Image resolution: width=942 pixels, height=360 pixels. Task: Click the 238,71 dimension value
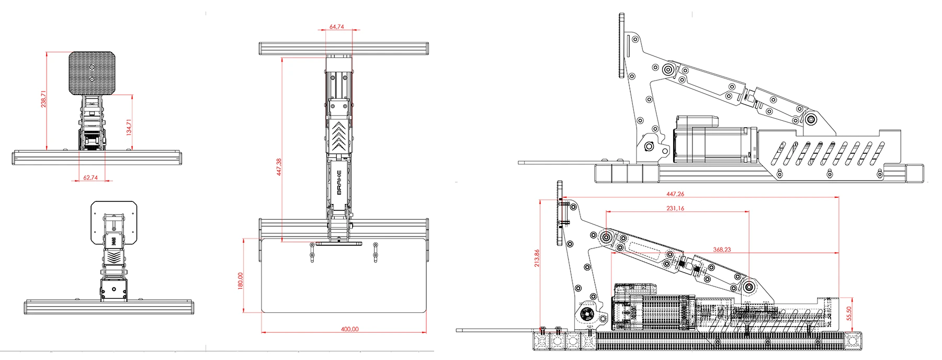[x=44, y=99]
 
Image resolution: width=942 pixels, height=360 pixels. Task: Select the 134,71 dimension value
[x=129, y=127]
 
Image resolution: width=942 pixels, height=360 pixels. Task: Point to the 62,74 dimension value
[x=90, y=177]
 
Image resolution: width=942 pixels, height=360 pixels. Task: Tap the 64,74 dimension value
[x=337, y=27]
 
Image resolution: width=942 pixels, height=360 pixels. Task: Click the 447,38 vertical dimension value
[x=279, y=167]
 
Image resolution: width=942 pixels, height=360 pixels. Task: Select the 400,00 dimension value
[x=349, y=329]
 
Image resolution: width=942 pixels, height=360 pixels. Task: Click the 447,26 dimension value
[x=675, y=194]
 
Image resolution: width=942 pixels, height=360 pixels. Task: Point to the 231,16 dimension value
[x=675, y=208]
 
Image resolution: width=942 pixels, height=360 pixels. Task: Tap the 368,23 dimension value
[x=722, y=250]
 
